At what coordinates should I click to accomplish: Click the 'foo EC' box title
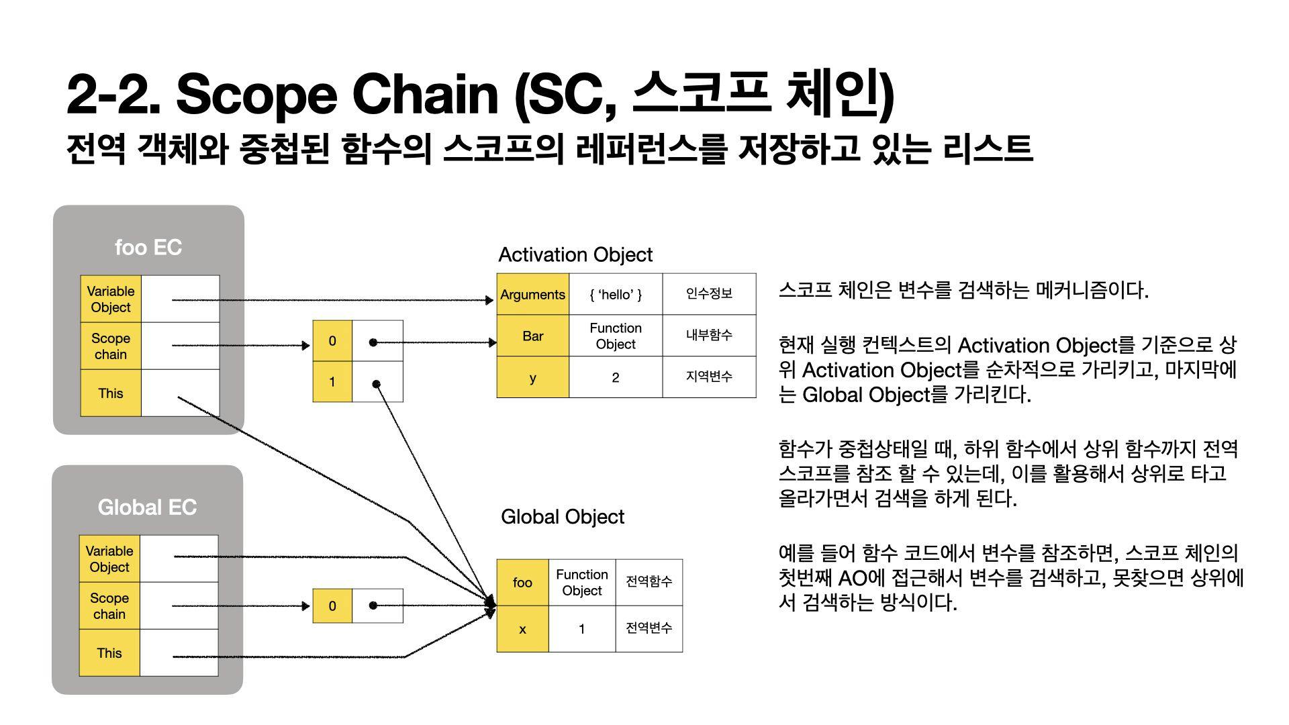coord(148,247)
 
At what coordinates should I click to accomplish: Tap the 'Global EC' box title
coord(147,507)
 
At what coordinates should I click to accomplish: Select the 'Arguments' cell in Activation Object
coord(532,295)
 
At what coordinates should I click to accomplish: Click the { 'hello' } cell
coord(615,295)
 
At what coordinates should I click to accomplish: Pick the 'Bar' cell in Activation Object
coord(532,336)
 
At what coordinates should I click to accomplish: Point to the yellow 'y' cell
coord(532,377)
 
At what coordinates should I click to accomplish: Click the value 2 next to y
coord(615,377)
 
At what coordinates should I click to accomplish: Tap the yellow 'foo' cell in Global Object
coord(522,582)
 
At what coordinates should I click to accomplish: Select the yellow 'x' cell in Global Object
coord(522,629)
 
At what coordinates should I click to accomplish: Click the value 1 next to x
coord(581,629)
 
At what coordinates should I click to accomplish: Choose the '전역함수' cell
coord(649,581)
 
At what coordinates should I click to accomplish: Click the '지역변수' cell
coord(709,377)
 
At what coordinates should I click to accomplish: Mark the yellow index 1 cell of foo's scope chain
coord(332,382)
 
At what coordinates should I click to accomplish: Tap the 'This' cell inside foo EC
coord(111,393)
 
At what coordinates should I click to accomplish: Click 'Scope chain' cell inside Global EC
coord(109,606)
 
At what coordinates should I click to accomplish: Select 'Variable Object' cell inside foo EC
coord(111,299)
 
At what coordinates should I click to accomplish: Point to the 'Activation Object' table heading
coord(575,255)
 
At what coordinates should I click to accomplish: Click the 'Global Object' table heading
coord(562,517)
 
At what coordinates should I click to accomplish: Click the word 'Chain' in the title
coord(424,94)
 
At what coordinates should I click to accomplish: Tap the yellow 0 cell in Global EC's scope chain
coord(332,606)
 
